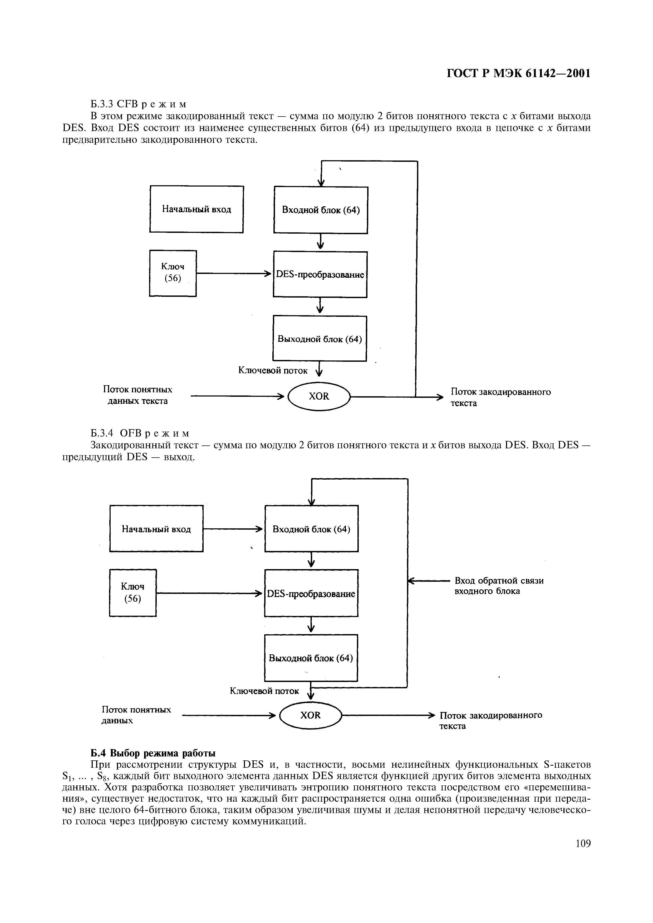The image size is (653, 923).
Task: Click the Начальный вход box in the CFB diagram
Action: [197, 209]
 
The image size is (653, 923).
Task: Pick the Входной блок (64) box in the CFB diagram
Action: [321, 210]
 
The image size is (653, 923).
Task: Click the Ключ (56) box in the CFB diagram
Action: [173, 273]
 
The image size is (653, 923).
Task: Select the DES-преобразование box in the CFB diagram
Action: [320, 275]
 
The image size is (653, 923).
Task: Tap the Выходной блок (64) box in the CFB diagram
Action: [320, 338]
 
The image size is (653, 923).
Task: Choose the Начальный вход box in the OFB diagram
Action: [156, 529]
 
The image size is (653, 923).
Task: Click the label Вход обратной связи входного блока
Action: [499, 586]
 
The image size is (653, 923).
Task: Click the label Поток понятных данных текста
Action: [138, 395]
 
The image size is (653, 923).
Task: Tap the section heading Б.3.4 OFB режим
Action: [139, 433]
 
